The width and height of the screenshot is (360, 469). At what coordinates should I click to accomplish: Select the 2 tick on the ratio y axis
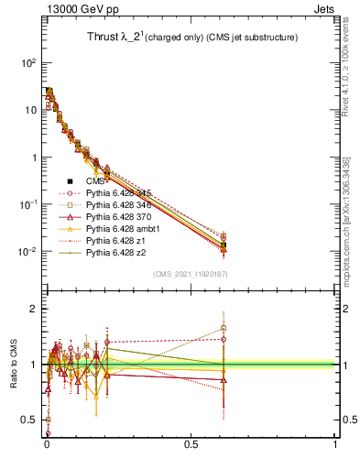click(32, 309)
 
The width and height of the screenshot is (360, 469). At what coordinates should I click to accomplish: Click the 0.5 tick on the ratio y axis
click(28, 420)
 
